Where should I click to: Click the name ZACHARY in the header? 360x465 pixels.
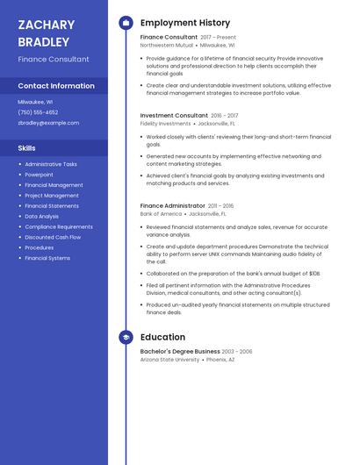click(46, 25)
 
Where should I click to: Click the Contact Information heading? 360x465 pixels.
click(56, 86)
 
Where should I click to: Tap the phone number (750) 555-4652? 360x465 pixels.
click(38, 112)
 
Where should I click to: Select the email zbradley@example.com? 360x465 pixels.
click(48, 123)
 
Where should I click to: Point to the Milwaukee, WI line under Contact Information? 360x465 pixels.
click(35, 102)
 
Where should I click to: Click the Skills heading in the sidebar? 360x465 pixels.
click(26, 148)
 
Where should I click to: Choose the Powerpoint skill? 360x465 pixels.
click(39, 175)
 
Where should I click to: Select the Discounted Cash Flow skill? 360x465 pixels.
click(53, 237)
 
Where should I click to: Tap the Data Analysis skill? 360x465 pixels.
click(42, 216)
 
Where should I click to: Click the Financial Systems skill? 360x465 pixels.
click(47, 258)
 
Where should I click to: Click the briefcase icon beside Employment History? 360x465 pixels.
click(126, 23)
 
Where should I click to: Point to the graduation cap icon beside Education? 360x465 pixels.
click(126, 337)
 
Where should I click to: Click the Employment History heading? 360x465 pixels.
click(185, 23)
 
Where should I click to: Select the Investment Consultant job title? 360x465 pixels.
click(174, 115)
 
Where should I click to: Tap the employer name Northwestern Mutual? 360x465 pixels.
click(167, 45)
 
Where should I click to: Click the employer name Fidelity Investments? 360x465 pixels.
click(165, 124)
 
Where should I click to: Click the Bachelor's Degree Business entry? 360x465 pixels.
click(180, 351)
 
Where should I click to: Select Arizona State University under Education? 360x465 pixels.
click(169, 360)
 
